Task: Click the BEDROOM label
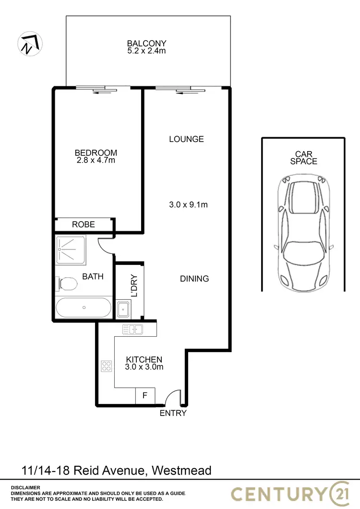(x=96, y=153)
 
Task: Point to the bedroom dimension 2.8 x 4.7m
(x=96, y=160)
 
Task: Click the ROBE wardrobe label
(x=84, y=225)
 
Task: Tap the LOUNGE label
(x=186, y=139)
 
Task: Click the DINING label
(x=194, y=278)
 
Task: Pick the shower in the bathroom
(x=71, y=249)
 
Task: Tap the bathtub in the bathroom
(x=84, y=307)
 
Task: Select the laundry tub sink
(x=123, y=309)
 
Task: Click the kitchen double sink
(x=132, y=329)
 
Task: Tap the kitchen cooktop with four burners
(x=106, y=367)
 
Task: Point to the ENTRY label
(x=173, y=413)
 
